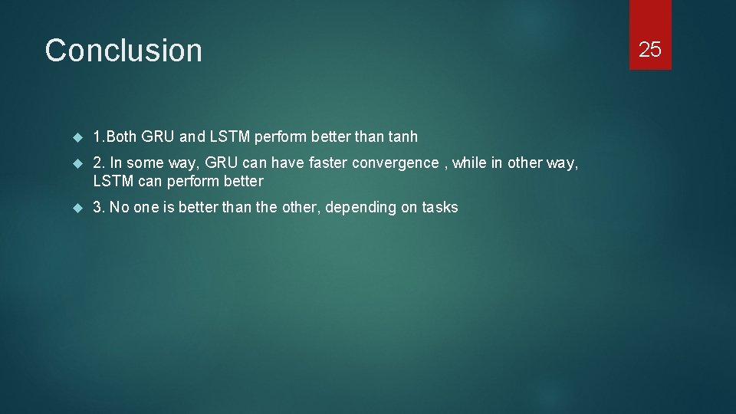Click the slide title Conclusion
123,51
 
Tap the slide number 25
650,50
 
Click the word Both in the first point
121,137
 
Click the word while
469,163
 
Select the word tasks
440,207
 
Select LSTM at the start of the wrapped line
113,182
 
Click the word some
143,163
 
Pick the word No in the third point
120,207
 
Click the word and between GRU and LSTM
192,137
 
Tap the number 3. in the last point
99,207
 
